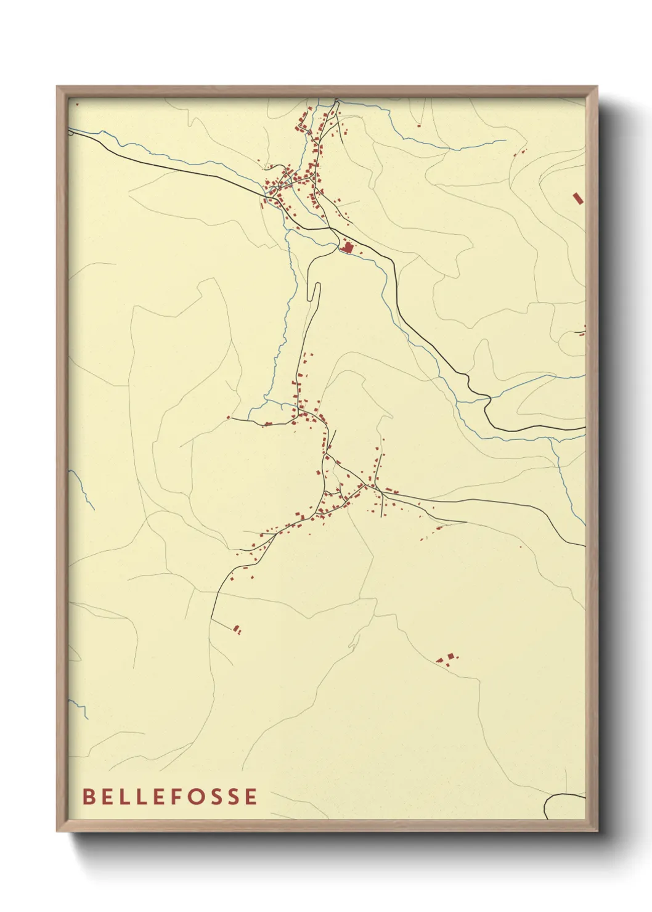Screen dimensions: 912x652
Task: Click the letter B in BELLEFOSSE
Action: [88, 796]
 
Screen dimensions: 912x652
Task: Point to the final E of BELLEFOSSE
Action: [250, 796]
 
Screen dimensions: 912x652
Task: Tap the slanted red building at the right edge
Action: [577, 198]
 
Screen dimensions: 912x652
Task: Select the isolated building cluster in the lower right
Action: [448, 659]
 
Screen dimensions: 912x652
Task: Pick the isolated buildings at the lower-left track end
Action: [237, 629]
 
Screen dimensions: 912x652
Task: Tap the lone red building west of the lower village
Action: [229, 417]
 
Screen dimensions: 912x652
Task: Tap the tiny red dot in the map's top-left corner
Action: [77, 105]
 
